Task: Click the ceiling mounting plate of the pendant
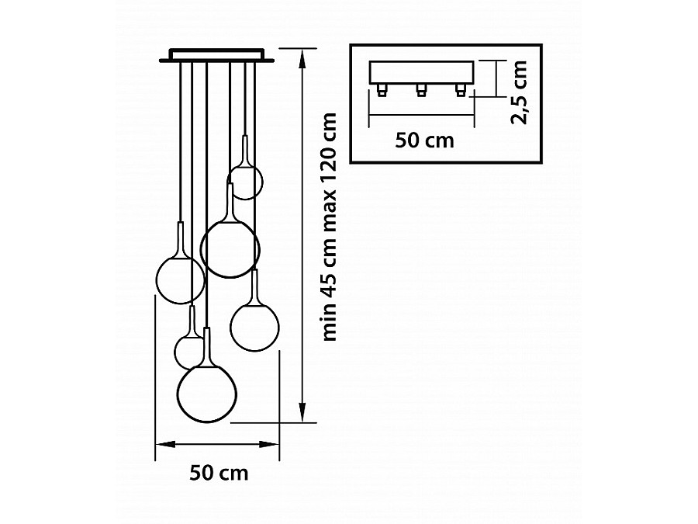(x=217, y=55)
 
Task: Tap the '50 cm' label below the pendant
(x=219, y=473)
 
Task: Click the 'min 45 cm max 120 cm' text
(x=330, y=227)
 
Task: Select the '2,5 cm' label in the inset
(x=519, y=92)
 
